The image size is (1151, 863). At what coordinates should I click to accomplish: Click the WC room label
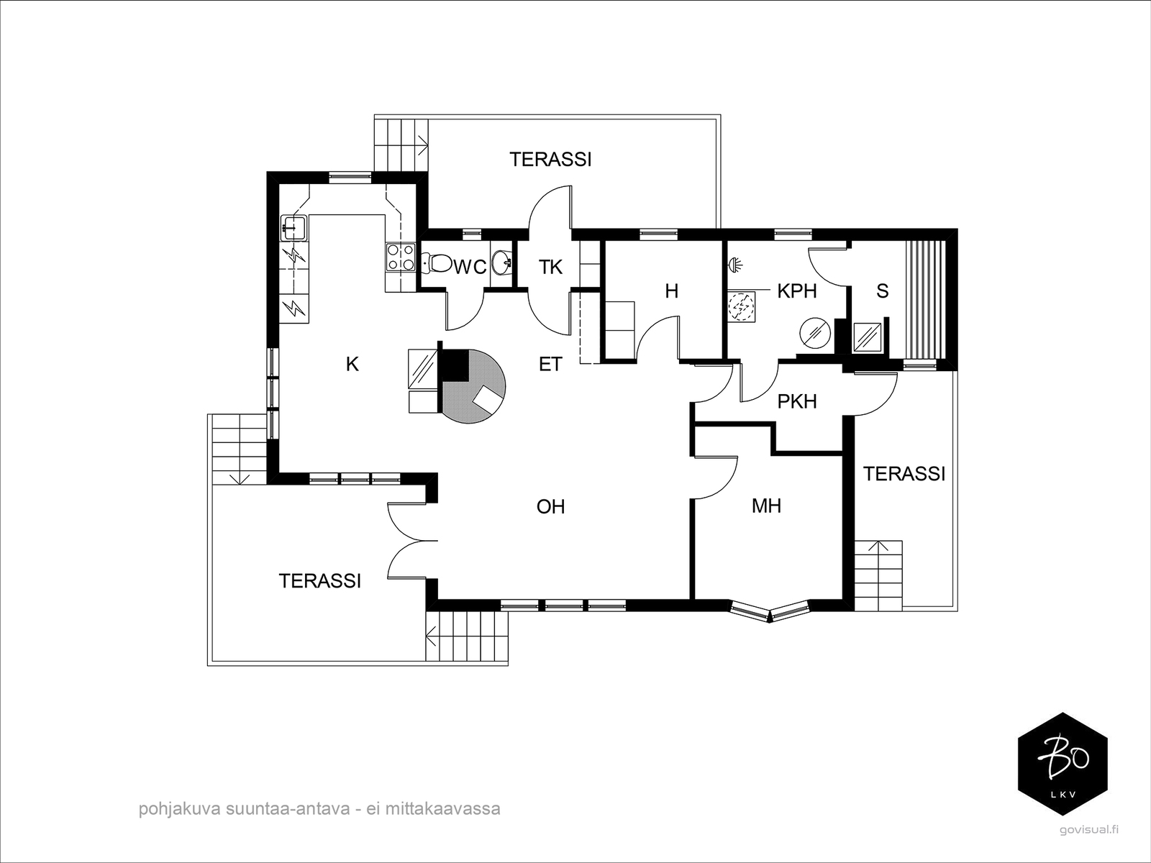tap(470, 268)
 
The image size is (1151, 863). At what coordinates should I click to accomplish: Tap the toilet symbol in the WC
tap(436, 263)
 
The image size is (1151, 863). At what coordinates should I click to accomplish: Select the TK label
tap(550, 268)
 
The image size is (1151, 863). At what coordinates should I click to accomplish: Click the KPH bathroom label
tap(797, 291)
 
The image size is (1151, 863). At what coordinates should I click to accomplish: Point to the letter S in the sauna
tap(883, 291)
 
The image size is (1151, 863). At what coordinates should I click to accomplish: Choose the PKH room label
tap(797, 401)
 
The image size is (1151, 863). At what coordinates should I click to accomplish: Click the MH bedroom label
tap(767, 506)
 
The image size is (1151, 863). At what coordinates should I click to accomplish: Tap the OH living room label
tap(550, 507)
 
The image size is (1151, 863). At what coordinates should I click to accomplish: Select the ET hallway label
tap(550, 364)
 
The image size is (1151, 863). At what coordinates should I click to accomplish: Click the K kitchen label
tap(352, 364)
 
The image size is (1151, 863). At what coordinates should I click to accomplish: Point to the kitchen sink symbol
tap(294, 227)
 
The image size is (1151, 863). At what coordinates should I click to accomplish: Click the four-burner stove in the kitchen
tap(400, 257)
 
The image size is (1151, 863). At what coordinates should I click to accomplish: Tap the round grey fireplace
tap(473, 386)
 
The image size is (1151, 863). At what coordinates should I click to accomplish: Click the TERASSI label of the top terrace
tap(550, 159)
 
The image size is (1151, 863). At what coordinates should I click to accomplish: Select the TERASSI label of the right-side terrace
tap(904, 474)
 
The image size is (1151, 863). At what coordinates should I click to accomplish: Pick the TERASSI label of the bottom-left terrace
tap(320, 581)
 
